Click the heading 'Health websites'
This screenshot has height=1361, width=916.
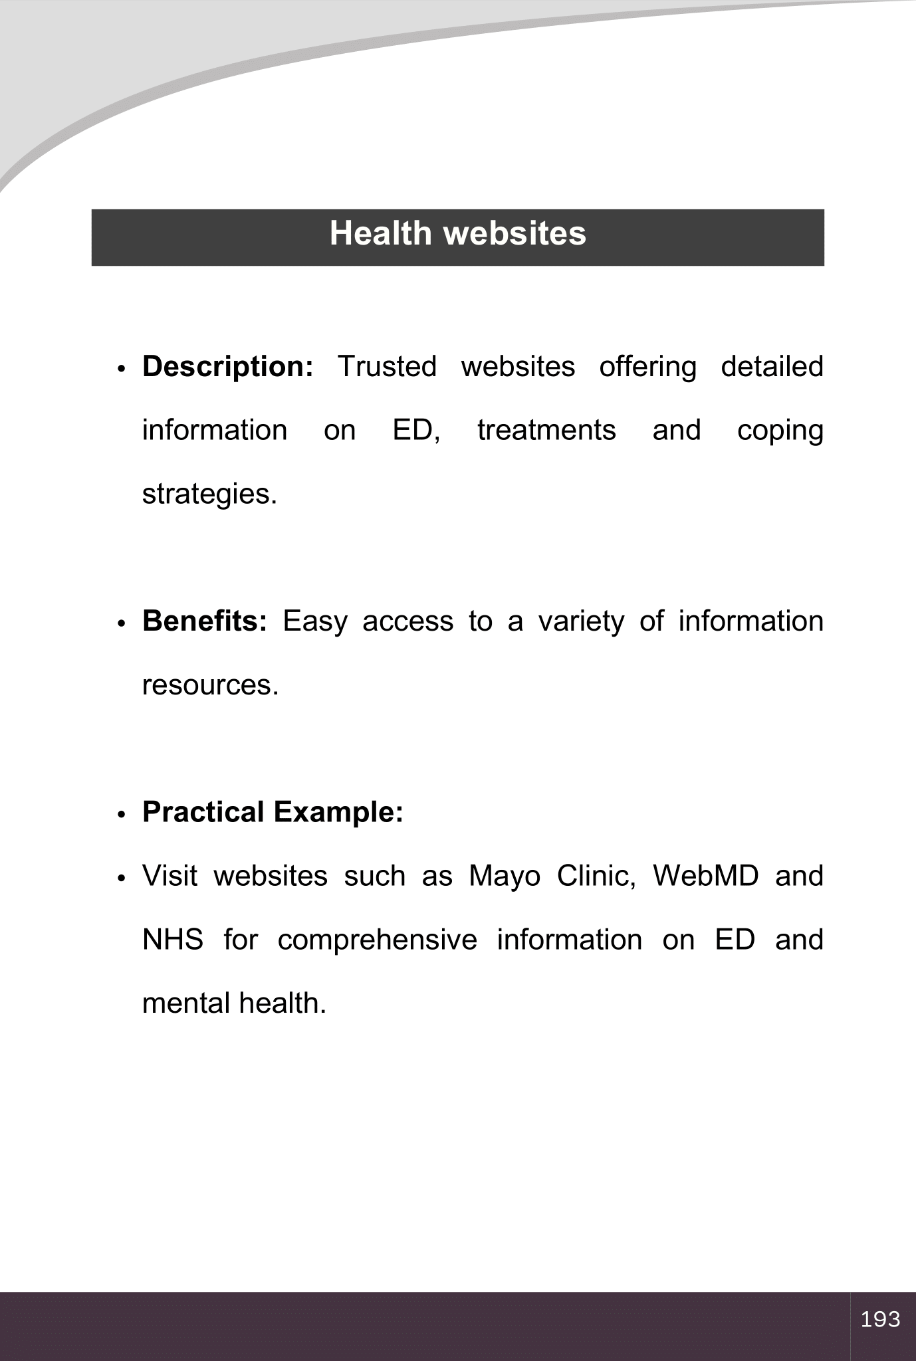[x=457, y=234]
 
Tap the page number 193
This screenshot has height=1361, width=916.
[x=880, y=1318]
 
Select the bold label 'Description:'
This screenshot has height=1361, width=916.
[x=227, y=367]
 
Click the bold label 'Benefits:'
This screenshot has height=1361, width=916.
[x=205, y=621]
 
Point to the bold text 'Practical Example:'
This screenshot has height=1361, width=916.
[x=273, y=812]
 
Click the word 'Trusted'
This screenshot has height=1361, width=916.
[x=387, y=367]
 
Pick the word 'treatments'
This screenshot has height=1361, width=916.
[x=546, y=431]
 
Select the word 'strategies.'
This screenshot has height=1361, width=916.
[x=209, y=495]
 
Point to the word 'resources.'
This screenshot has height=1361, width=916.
[x=210, y=685]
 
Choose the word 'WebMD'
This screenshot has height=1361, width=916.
[x=705, y=876]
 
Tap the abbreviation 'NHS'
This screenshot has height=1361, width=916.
[x=173, y=940]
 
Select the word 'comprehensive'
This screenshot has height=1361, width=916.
[x=377, y=940]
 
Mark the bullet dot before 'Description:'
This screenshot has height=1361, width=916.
[x=121, y=369]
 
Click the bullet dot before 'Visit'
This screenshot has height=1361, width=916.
[x=121, y=879]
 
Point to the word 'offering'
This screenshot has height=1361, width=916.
[x=647, y=367]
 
